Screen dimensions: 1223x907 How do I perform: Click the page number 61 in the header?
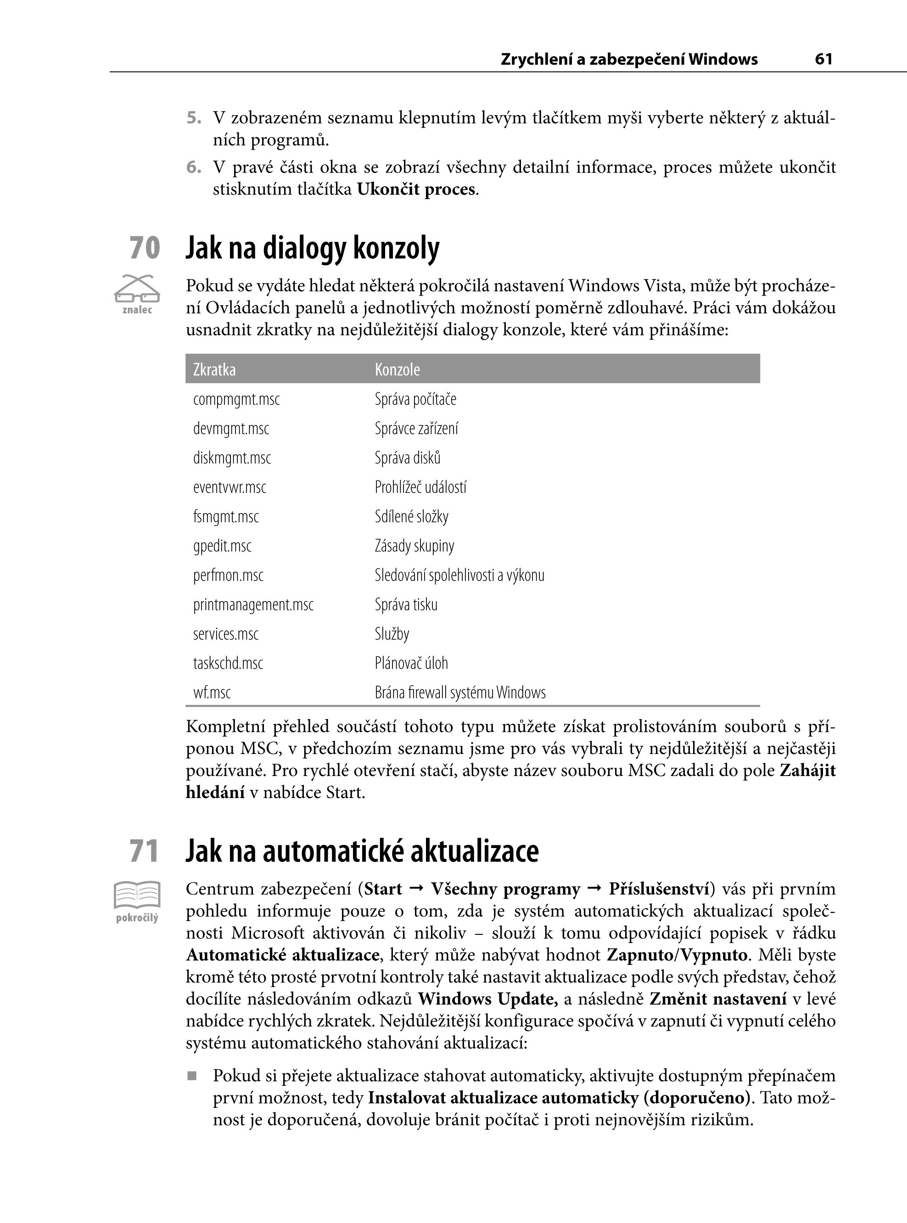pos(823,59)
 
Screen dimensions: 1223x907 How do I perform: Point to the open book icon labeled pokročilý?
pos(137,895)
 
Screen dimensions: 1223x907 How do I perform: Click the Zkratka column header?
pos(214,369)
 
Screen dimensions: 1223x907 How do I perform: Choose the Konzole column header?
pos(397,369)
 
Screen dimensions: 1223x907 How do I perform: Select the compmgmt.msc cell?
pos(236,399)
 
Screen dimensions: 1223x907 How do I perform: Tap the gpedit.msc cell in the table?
pos(222,546)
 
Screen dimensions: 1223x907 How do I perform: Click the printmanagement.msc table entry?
pos(253,604)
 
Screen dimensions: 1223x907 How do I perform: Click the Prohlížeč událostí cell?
pos(420,487)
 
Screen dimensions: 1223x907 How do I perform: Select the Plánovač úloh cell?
pos(411,663)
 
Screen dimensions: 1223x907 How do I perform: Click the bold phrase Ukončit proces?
pos(415,190)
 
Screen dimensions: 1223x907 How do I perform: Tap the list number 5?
pos(193,117)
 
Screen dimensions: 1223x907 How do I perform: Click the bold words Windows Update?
pos(487,999)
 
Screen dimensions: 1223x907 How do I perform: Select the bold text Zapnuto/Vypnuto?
pos(677,955)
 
